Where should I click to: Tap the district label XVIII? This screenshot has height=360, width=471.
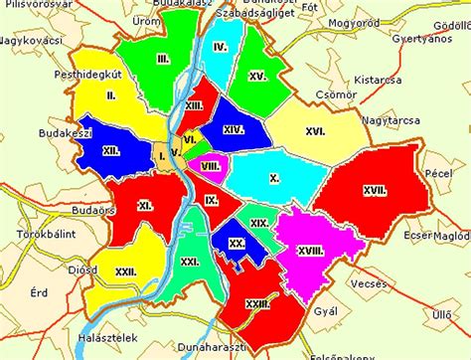310,252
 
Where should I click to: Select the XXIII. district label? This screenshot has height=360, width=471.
259,303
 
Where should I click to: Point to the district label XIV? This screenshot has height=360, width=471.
234,129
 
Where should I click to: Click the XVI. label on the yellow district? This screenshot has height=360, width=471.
316,130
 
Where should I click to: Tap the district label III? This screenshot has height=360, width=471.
162,60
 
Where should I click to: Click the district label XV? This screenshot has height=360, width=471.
257,76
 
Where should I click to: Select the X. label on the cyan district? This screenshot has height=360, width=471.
273,179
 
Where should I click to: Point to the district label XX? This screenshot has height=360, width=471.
235,243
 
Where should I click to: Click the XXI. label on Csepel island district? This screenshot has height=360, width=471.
189,261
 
